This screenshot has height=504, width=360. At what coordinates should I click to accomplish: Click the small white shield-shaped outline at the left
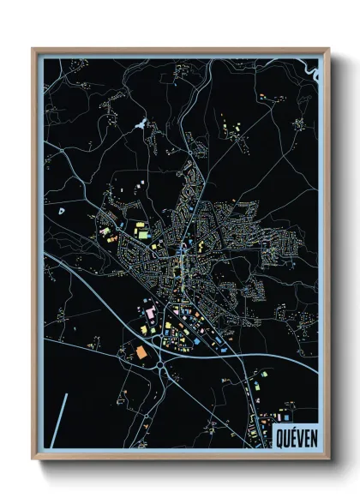[x=60, y=209]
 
